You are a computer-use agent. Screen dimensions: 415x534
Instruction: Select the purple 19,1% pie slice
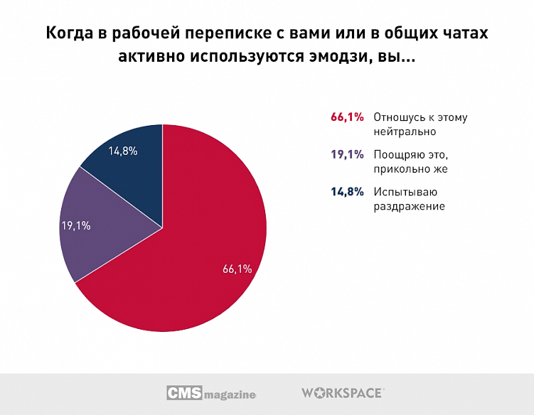tap(107, 227)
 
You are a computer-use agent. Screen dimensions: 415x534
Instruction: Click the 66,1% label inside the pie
tap(237, 269)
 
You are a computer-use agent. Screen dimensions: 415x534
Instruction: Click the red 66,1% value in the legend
tap(347, 117)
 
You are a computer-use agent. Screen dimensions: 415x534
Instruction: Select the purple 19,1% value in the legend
tap(347, 155)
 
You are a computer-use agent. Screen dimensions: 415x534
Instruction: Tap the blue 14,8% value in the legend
tap(347, 192)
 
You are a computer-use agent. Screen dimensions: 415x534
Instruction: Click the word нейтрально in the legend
tap(404, 131)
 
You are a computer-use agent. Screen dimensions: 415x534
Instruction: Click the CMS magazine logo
tap(210, 393)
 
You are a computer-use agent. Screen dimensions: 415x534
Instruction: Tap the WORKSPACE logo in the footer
tap(343, 392)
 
